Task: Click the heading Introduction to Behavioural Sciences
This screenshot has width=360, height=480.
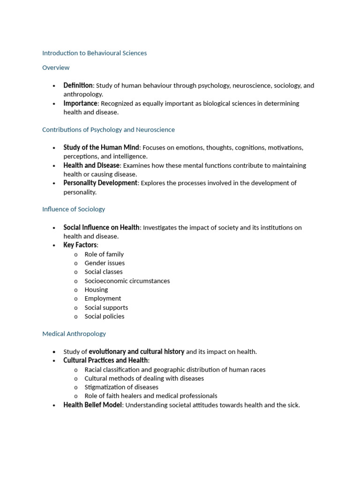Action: (94, 53)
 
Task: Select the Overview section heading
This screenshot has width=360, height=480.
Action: (56, 67)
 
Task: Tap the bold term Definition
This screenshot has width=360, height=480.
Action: (78, 85)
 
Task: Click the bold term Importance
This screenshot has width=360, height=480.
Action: (81, 103)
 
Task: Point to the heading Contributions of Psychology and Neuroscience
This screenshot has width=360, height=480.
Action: (108, 129)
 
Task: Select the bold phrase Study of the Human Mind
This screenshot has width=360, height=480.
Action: (101, 148)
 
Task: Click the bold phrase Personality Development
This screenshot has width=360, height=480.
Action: (100, 183)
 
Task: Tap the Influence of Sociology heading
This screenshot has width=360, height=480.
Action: (74, 209)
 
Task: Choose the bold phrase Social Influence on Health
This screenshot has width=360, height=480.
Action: (101, 227)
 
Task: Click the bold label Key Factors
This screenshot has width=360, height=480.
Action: (80, 245)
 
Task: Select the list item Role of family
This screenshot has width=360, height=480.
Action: (104, 254)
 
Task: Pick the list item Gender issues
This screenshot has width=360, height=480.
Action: (105, 263)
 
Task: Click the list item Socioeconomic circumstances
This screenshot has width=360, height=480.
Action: (127, 281)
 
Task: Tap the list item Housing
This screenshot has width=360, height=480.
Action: (96, 290)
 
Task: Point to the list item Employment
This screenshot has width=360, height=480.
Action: (103, 298)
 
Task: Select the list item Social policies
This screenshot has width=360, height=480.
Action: (105, 316)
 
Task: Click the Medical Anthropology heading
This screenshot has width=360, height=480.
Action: (74, 334)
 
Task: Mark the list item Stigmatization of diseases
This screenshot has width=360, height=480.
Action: (121, 387)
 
